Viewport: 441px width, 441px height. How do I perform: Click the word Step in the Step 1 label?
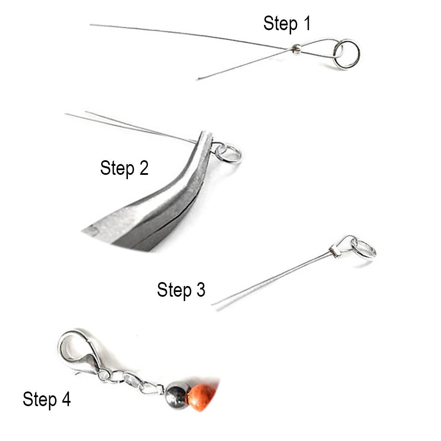pyautogui.click(x=280, y=24)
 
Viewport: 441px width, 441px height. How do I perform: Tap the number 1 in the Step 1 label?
pyautogui.click(x=307, y=23)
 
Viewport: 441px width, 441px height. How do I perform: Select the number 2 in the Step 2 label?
pyautogui.click(x=143, y=168)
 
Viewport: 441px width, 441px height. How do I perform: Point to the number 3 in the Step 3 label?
pyautogui.click(x=201, y=289)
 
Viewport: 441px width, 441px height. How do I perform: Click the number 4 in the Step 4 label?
pyautogui.click(x=66, y=399)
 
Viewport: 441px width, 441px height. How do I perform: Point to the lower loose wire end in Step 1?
pyautogui.click(x=198, y=79)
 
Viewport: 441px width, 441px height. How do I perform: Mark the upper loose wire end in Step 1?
pyautogui.click(x=90, y=25)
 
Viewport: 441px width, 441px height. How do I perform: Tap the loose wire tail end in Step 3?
pyautogui.click(x=213, y=305)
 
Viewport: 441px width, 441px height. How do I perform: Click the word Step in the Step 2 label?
pyautogui.click(x=117, y=168)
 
